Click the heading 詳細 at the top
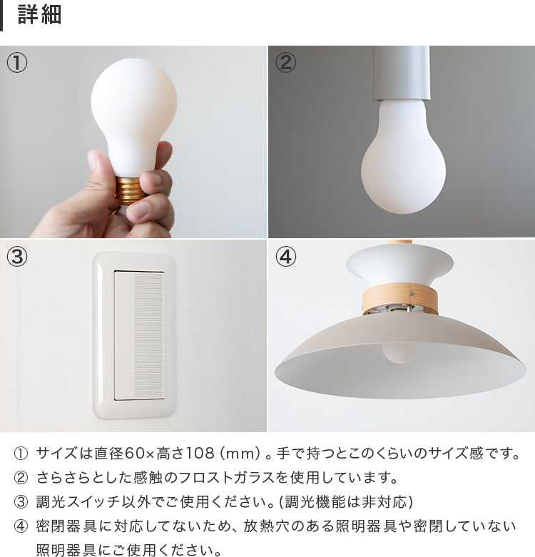tap(39, 16)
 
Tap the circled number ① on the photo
tap(17, 63)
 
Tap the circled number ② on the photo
tap(285, 63)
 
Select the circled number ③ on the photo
tap(17, 257)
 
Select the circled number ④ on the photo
tap(285, 257)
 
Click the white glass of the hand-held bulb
tap(133, 107)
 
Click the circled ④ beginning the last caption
tap(21, 526)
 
